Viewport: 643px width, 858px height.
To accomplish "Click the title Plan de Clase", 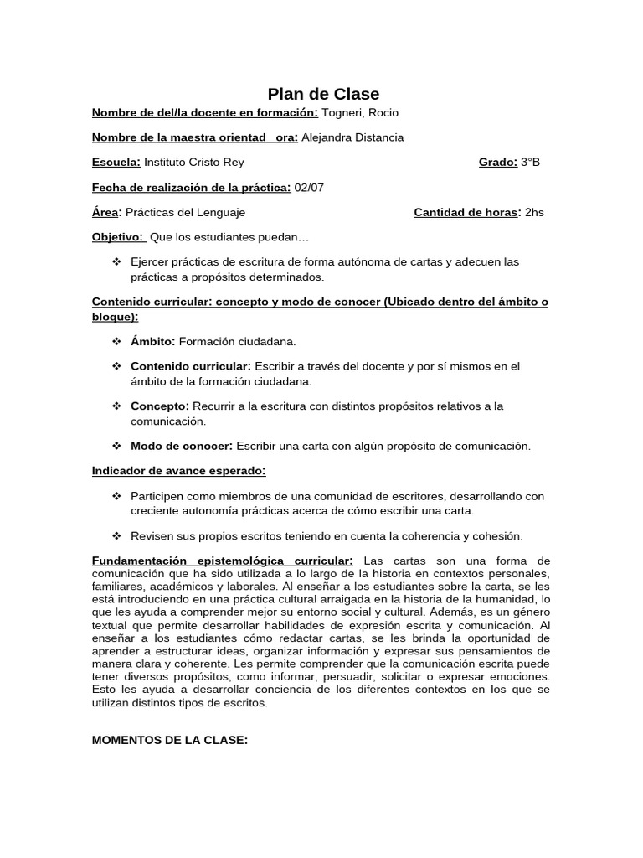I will point(323,94).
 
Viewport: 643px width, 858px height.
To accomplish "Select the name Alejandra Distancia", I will point(352,137).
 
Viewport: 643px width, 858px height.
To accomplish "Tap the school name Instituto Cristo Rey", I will point(194,163).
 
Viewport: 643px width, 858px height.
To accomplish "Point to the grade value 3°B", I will point(530,163).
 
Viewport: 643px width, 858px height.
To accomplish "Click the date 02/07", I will point(309,187).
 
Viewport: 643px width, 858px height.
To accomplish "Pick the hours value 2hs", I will point(534,212).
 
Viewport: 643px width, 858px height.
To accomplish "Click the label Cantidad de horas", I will point(467,212).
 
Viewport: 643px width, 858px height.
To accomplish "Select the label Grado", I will point(497,163).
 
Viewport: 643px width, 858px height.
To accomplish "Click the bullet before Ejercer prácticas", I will point(116,262).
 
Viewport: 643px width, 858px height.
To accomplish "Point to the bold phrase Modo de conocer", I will point(182,446).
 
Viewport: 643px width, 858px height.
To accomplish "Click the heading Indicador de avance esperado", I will point(178,471).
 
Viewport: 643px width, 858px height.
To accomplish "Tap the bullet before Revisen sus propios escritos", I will point(116,535).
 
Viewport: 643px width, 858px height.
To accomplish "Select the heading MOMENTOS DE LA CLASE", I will point(170,742).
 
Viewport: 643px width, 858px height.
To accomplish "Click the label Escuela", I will point(116,163).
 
